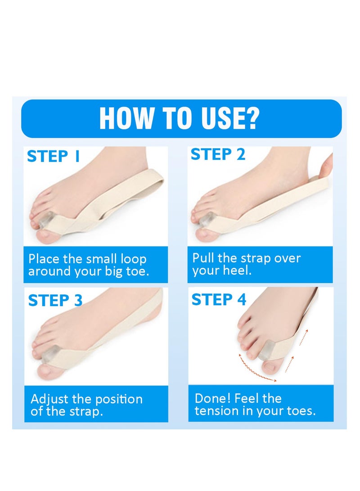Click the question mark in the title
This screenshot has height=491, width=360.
[x=252, y=118]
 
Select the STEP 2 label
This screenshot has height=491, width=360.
[x=218, y=154]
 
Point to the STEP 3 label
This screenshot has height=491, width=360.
[x=55, y=300]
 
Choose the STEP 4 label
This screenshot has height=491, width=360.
[x=219, y=299]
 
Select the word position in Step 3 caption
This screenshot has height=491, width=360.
[x=119, y=399]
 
